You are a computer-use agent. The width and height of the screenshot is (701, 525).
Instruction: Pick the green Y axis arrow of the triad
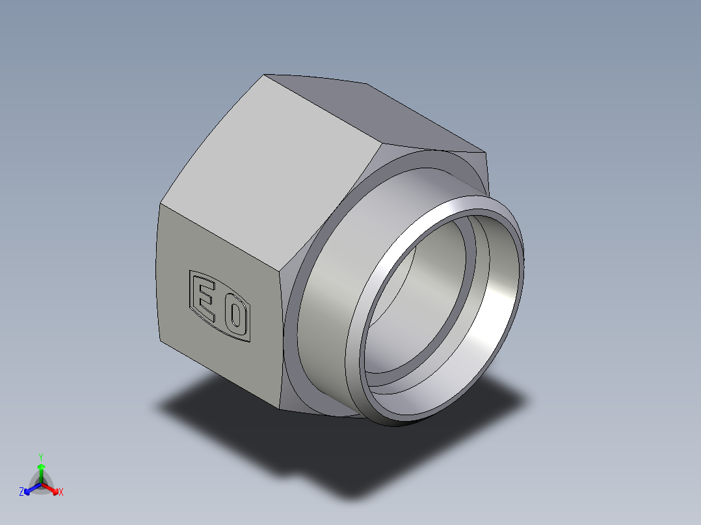[x=41, y=470]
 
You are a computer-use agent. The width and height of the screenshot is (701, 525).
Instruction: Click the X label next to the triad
[x=61, y=493]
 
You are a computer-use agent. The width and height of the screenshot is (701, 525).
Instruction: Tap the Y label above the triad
[x=41, y=457]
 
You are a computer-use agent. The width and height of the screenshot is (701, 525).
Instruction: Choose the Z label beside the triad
[x=21, y=493]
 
